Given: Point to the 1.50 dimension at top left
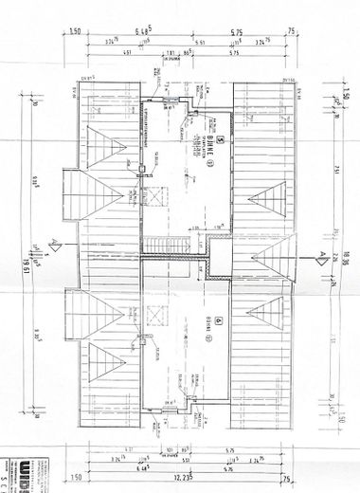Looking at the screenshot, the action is coord(74,31).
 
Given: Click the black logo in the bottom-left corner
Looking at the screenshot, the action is coord(19,472).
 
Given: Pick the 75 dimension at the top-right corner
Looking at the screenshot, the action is coord(291,31).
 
